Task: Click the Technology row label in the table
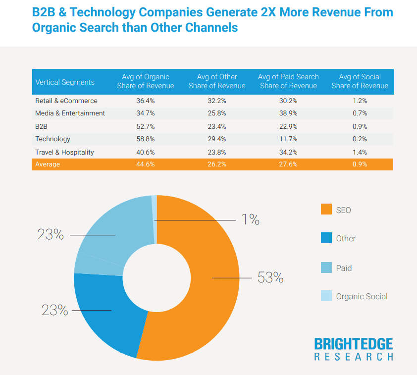(52, 139)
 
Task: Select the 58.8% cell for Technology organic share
(145, 139)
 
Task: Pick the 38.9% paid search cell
(288, 113)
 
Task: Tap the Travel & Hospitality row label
(64, 152)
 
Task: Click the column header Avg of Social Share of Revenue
(360, 81)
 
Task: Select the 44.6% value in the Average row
(145, 164)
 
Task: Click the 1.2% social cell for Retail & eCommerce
(360, 101)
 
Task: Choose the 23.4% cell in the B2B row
(216, 126)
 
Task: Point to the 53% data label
(270, 278)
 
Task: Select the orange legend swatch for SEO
(326, 210)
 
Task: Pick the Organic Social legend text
(362, 297)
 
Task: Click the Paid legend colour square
(326, 268)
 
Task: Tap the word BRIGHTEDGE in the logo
(354, 344)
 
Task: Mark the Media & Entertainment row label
(70, 113)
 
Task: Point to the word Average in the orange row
(48, 164)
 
